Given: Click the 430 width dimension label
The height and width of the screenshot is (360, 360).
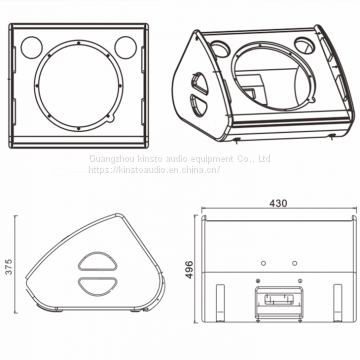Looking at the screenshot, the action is coord(278,203).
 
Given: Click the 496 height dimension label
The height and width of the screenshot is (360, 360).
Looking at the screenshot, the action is coord(189,269).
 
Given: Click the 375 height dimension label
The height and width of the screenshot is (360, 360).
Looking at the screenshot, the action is coord(9,266).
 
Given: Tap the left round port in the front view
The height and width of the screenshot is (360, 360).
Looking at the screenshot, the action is coord(32,47).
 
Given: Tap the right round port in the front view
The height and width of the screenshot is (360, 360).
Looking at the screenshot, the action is coord(126,47).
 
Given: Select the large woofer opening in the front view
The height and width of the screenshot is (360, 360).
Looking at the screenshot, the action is coord(79,85).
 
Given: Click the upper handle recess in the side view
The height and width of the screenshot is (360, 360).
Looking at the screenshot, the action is coord(98,261).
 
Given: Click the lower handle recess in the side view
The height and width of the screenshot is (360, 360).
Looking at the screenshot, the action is coord(98,287).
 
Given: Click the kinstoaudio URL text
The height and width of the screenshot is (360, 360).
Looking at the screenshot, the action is coord(154,169).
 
